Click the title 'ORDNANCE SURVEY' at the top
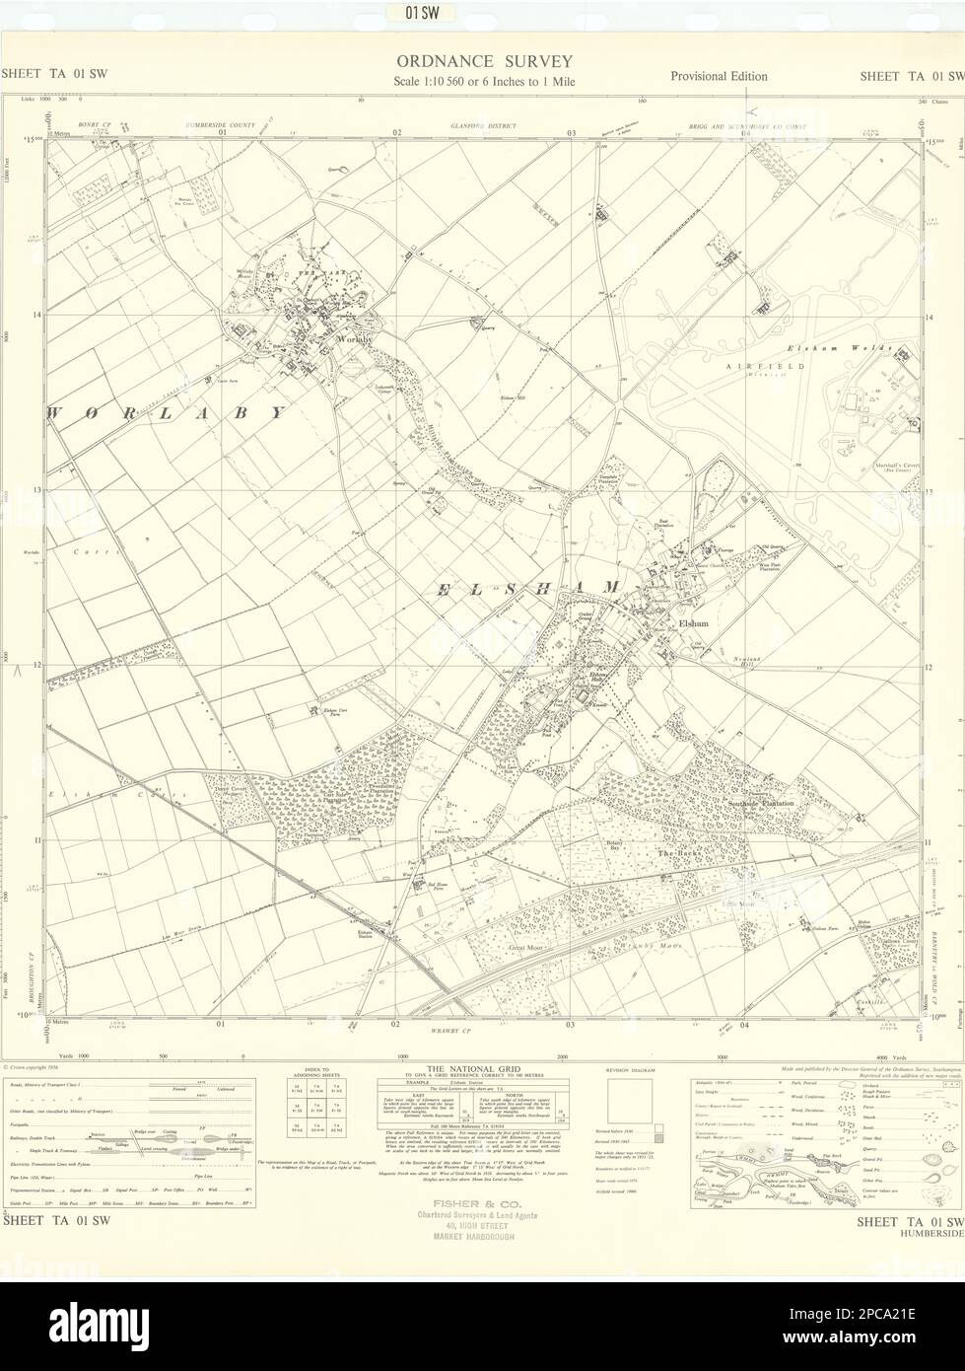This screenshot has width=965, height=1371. (x=483, y=62)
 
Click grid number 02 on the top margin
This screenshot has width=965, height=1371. (x=396, y=132)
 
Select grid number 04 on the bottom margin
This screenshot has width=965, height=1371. (x=745, y=1024)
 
